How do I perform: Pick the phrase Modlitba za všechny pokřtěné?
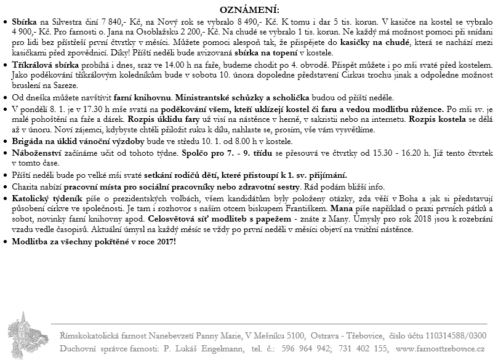point(80,241)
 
